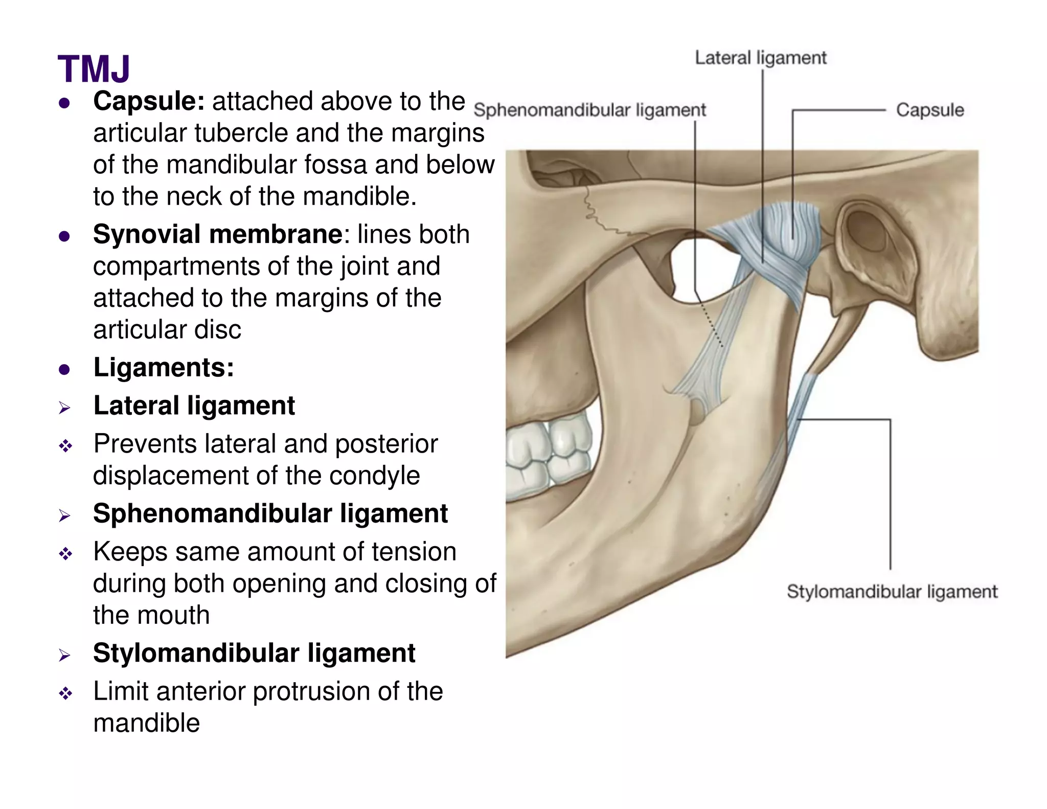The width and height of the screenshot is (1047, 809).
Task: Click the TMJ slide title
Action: point(94,69)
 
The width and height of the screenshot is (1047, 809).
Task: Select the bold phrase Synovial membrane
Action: point(218,235)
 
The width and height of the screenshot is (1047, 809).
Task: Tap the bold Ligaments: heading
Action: point(164,368)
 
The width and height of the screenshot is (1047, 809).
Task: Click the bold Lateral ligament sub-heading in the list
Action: point(194,406)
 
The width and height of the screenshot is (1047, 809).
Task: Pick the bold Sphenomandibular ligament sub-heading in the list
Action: point(270,514)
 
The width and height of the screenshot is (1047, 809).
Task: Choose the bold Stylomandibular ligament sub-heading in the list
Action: point(254,654)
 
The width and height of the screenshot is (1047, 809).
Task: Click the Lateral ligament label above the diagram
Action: point(760,58)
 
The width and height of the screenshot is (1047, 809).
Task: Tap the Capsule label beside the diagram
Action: point(930,110)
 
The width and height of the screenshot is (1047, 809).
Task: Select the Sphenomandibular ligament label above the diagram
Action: point(590,110)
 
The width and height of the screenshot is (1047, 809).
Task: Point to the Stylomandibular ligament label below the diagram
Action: point(892,592)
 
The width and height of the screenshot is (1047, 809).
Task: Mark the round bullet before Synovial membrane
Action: point(64,236)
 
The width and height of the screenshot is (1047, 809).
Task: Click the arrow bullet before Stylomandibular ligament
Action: point(64,656)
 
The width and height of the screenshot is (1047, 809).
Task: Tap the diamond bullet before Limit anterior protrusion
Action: point(65,694)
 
